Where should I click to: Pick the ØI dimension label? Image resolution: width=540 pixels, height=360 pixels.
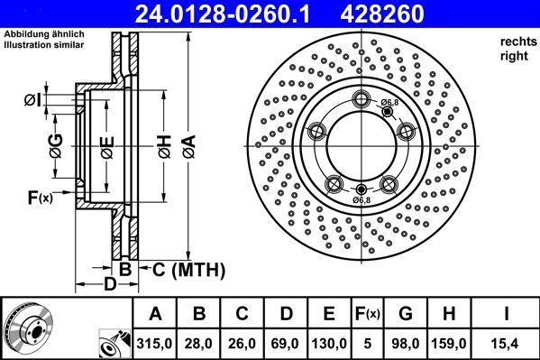(x=30, y=98)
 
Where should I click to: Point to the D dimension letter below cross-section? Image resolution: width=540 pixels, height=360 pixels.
(x=109, y=286)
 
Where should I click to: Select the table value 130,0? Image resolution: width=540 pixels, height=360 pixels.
(x=329, y=343)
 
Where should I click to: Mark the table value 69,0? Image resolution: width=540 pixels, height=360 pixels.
(x=286, y=343)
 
